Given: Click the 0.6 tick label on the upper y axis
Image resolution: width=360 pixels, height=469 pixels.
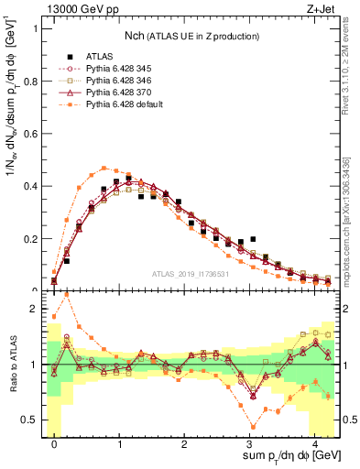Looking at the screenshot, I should click(31, 133).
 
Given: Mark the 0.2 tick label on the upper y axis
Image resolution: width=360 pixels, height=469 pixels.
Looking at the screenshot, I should click(31, 239).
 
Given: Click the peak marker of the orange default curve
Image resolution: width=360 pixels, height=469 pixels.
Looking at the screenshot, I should click(104, 168).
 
